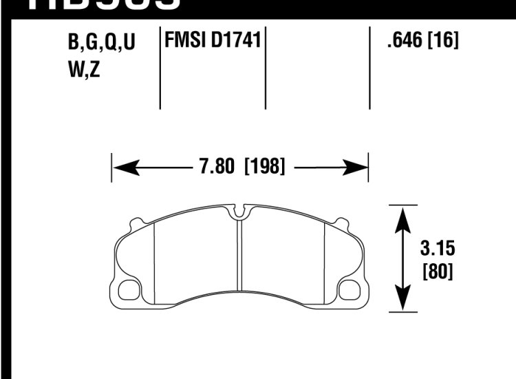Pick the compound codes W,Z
pos(84,70)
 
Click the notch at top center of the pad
pos(239,212)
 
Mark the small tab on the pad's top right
pos(341,222)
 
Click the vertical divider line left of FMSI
pos(160,69)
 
